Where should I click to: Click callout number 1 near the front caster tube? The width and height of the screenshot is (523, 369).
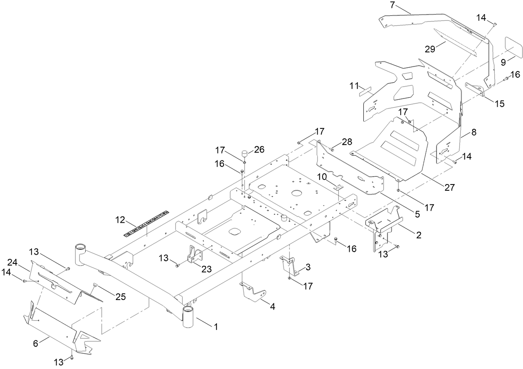pyautogui.click(x=216, y=327)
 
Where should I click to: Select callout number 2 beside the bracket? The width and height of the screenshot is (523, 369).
pyautogui.click(x=418, y=235)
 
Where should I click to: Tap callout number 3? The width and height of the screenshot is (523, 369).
pyautogui.click(x=308, y=267)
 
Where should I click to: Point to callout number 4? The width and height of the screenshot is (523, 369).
pyautogui.click(x=272, y=307)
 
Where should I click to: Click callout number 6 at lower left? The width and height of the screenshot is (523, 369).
pyautogui.click(x=35, y=343)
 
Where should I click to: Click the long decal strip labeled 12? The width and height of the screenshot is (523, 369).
pyautogui.click(x=147, y=224)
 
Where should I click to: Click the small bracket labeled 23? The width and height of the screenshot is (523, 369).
pyautogui.click(x=194, y=255)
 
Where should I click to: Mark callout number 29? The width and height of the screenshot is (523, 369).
pyautogui.click(x=429, y=49)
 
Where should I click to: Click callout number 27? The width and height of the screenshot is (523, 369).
pyautogui.click(x=449, y=187)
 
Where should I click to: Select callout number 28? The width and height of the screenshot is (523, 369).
pyautogui.click(x=347, y=143)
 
